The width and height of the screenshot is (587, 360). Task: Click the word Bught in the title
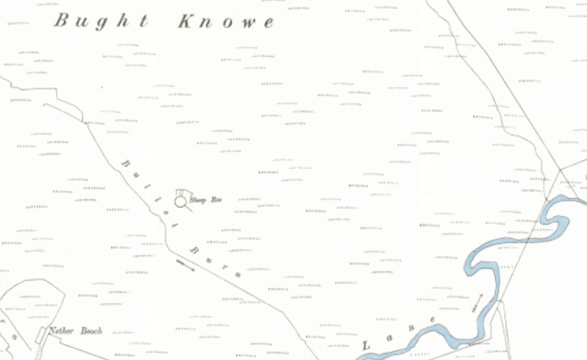click(x=101, y=21)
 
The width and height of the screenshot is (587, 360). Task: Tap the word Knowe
click(x=226, y=22)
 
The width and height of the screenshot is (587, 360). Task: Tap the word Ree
click(x=216, y=200)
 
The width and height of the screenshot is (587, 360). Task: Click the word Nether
click(x=61, y=331)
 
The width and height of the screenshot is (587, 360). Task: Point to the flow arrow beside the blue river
click(x=477, y=302)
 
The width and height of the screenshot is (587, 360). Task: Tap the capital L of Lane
click(x=366, y=346)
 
